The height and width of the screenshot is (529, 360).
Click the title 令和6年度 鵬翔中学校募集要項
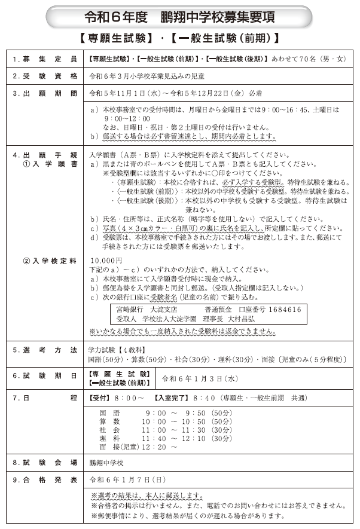click(x=179, y=17)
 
